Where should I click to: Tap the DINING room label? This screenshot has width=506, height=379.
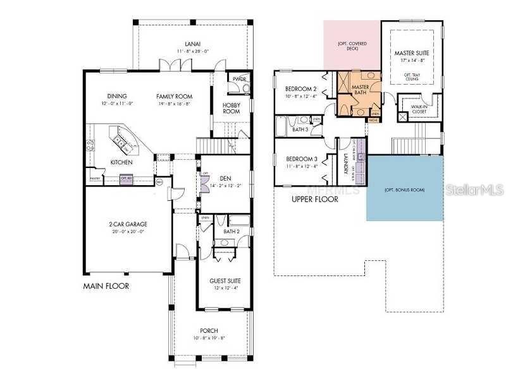(x=117, y=97)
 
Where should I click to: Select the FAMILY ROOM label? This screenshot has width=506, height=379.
(x=175, y=97)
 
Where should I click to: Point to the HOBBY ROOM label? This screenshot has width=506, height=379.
(x=231, y=108)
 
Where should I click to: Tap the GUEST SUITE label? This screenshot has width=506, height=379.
(x=225, y=281)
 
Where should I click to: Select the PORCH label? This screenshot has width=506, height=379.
(x=209, y=331)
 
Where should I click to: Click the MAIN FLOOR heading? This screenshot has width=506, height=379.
(x=106, y=286)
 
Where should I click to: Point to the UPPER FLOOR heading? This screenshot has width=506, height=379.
(x=314, y=199)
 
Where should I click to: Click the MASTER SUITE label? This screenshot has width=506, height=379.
(x=411, y=53)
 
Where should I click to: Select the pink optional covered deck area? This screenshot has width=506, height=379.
(x=352, y=45)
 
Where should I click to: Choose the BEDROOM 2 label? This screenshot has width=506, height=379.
(x=300, y=89)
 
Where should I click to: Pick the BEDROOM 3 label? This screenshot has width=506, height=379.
(x=300, y=159)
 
